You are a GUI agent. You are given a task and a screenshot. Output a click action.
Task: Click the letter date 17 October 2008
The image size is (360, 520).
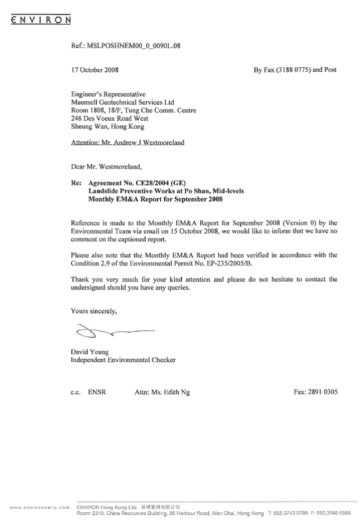(x=95, y=70)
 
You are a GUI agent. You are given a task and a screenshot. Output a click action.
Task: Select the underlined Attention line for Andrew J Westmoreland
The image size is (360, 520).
(x=127, y=143)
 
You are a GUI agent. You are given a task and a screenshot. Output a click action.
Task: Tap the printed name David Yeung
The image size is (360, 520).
(x=88, y=352)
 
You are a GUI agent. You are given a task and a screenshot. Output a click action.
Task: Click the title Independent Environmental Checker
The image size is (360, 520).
(x=123, y=360)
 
